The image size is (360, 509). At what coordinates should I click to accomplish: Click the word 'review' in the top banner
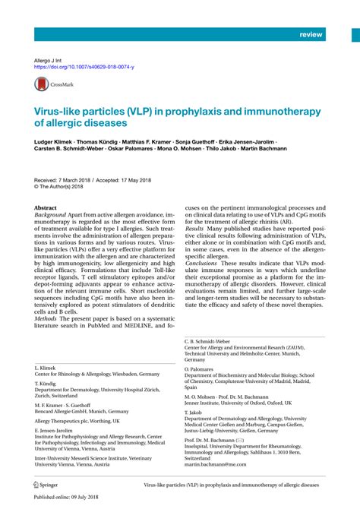click(x=311, y=35)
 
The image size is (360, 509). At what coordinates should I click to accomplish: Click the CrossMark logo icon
click(x=49, y=86)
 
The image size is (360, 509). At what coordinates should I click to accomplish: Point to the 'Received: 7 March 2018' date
click(x=68, y=179)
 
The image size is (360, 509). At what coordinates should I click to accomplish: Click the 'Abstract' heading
click(x=47, y=207)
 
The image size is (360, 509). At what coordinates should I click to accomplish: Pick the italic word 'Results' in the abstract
click(x=195, y=227)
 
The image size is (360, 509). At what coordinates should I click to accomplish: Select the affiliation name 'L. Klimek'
click(x=46, y=367)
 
